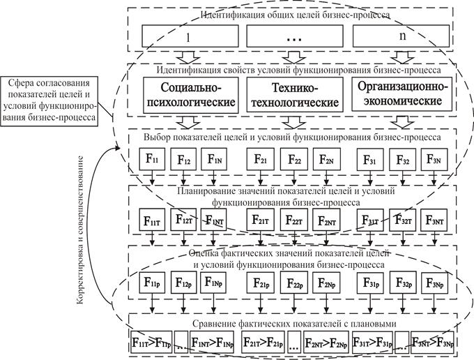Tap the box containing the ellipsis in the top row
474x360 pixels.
pos(293,36)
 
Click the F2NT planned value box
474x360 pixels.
pos(326,221)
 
